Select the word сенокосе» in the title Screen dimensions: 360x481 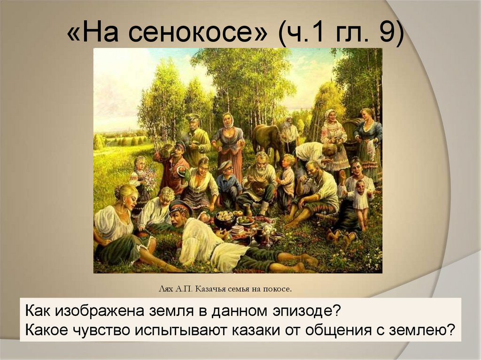(x=197, y=34)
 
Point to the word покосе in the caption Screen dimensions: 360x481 (x=278, y=289)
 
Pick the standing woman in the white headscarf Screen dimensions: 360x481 (x=229, y=141)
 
